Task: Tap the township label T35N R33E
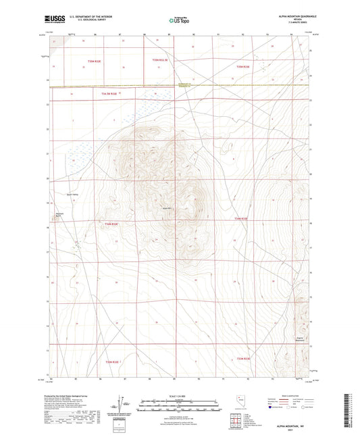(242, 67)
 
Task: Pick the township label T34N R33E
(241, 219)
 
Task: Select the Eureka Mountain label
(299, 340)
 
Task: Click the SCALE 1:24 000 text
(179, 394)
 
